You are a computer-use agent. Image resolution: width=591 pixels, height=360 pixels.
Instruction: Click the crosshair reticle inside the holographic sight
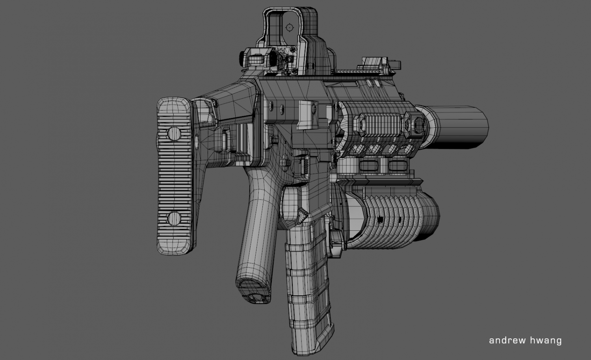click(x=290, y=27)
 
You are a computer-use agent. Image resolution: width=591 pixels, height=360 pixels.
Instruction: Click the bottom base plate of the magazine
click(x=305, y=347)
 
